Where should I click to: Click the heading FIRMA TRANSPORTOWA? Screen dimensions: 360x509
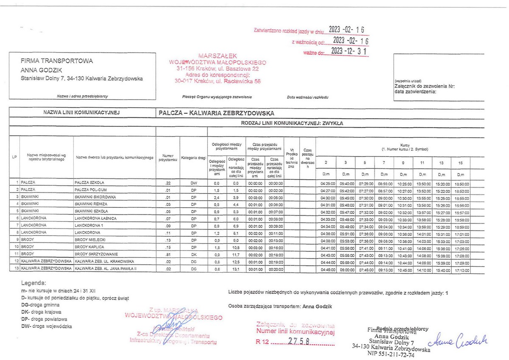tap(56, 61)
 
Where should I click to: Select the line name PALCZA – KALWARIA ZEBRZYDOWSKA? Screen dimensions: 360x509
tap(216, 113)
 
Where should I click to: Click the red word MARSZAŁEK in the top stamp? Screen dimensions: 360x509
tap(217, 56)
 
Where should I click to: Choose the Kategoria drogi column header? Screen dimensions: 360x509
tap(193, 158)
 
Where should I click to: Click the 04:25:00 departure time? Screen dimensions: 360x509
tap(326, 184)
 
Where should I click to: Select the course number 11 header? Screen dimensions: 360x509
tap(422, 163)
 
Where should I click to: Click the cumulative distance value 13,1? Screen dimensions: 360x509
tap(235, 269)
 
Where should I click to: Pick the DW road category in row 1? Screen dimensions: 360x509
tap(194, 184)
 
